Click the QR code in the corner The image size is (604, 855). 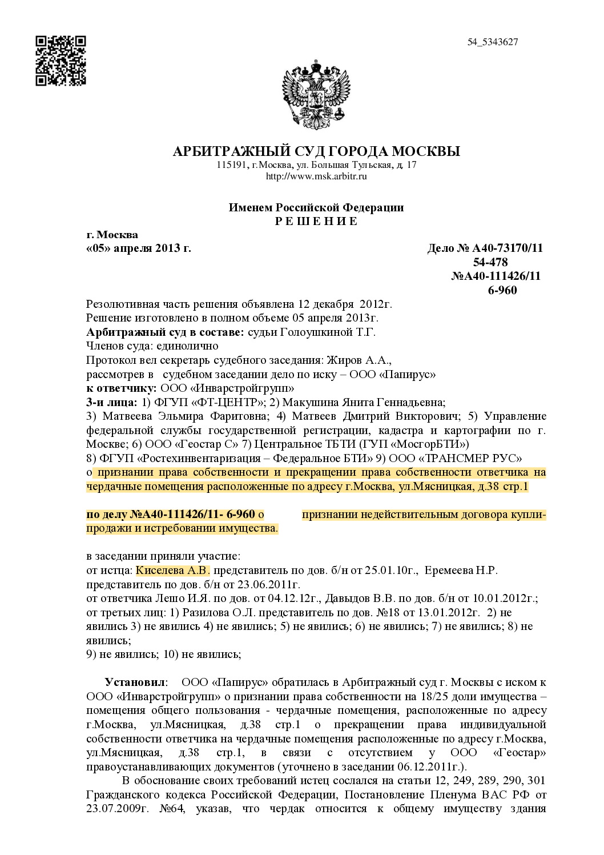coord(61,61)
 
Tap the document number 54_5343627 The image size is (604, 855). coord(492,42)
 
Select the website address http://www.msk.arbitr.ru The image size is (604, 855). coord(316,176)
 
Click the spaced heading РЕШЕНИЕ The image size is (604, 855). coord(316,221)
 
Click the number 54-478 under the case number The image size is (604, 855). coord(490,262)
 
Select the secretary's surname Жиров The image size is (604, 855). coord(343,360)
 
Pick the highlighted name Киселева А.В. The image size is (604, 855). coord(172,570)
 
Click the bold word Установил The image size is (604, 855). coord(135,683)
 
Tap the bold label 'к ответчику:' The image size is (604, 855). coord(118,388)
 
